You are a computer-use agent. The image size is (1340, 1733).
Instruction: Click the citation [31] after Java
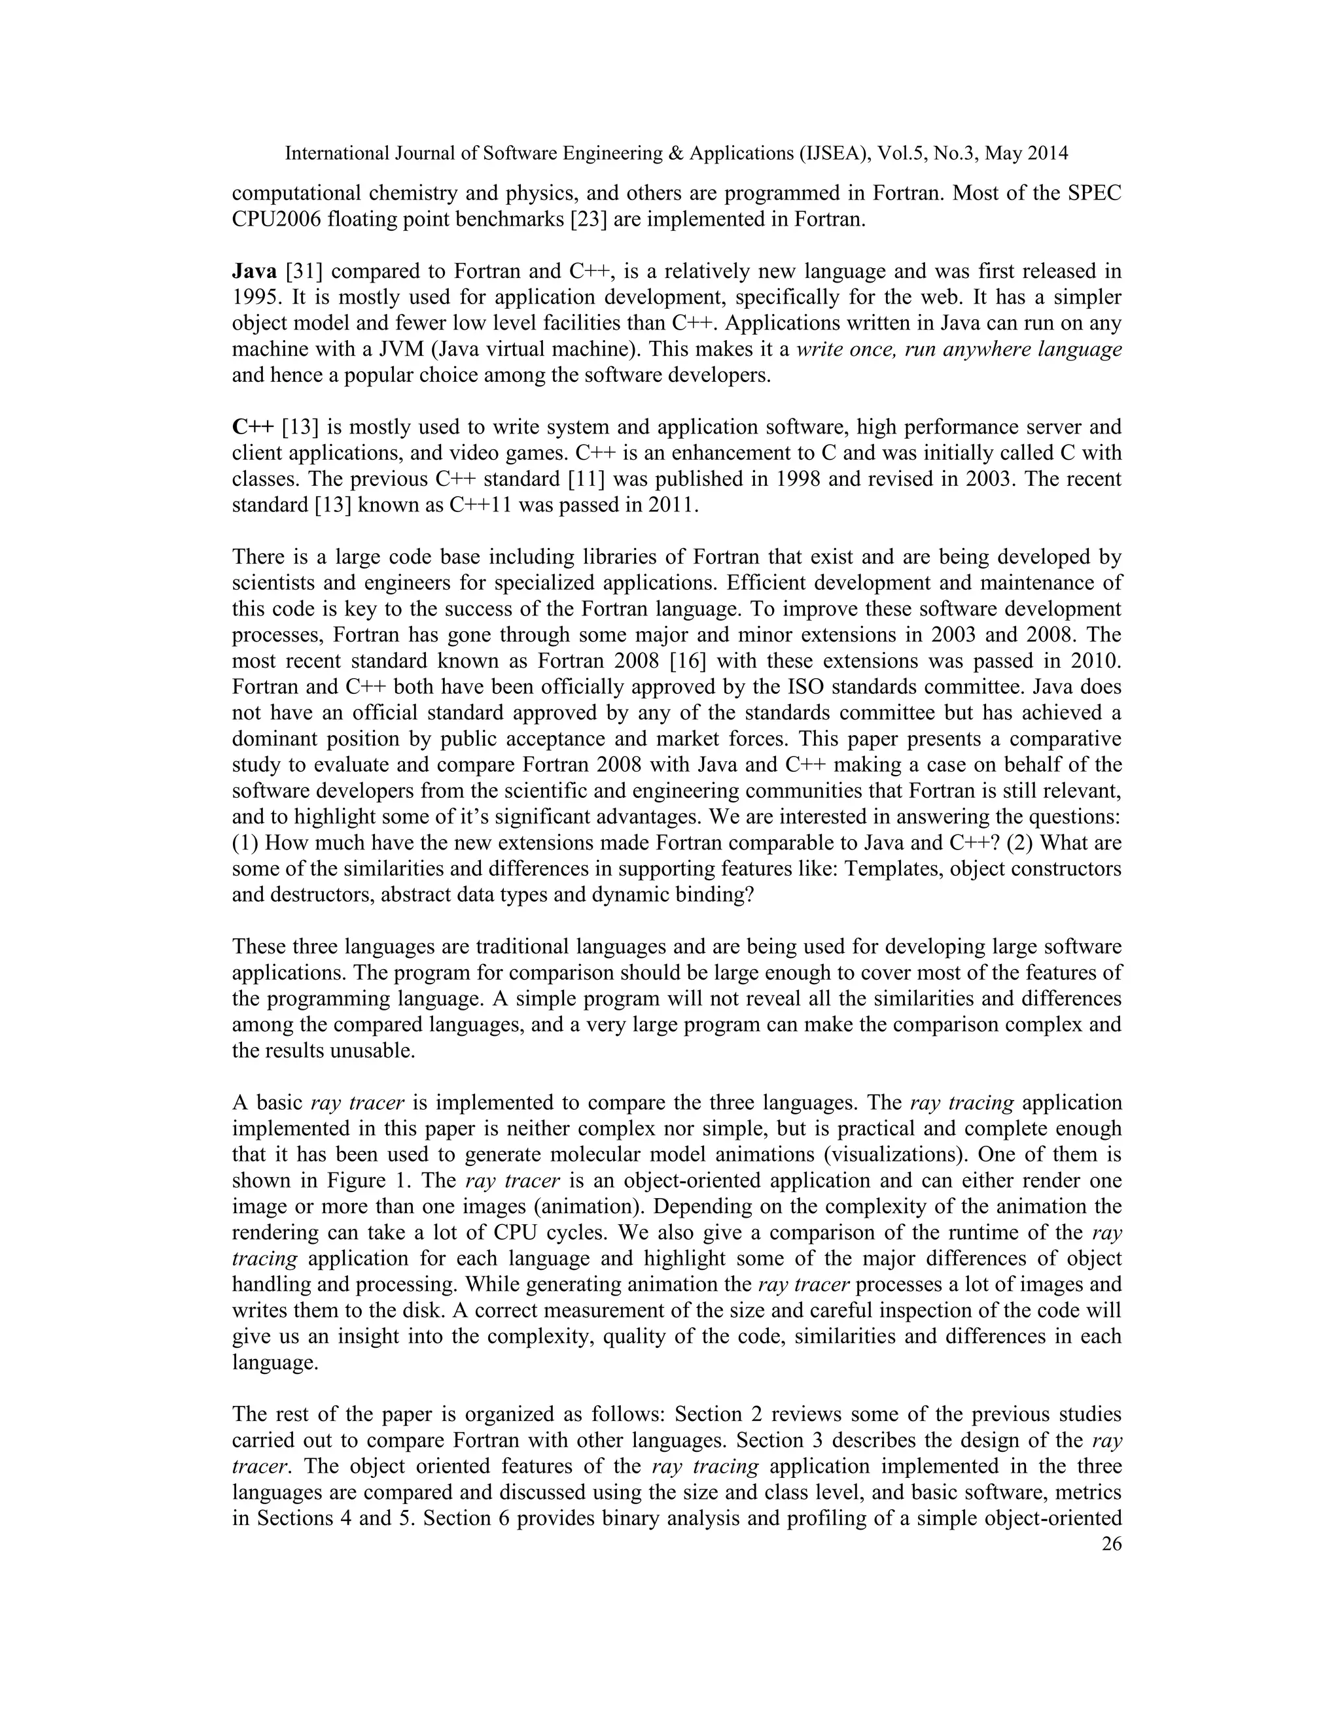302,271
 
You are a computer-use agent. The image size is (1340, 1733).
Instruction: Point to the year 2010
1094,661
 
